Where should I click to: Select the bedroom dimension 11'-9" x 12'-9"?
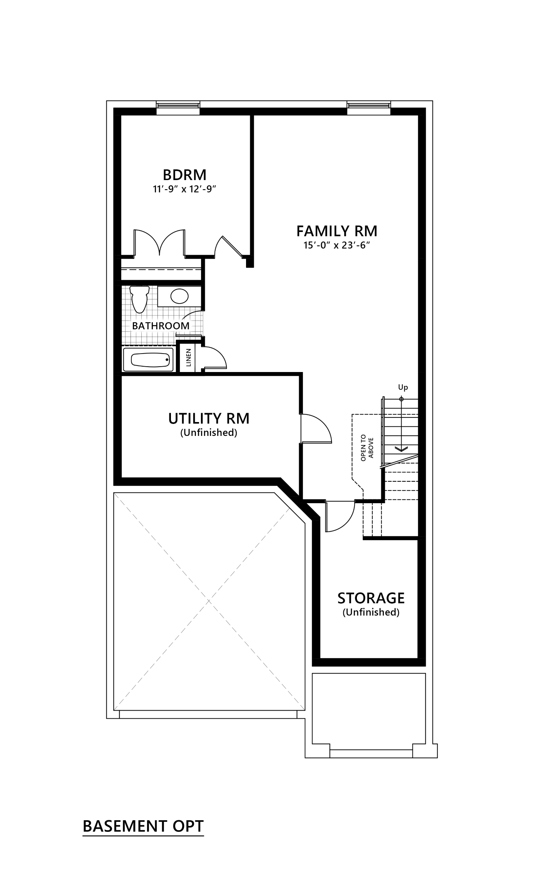pos(186,189)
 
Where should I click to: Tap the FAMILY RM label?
pos(336,231)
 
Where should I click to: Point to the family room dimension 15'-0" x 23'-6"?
pos(337,245)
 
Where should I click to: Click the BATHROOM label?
pos(161,326)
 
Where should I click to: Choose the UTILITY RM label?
pos(209,418)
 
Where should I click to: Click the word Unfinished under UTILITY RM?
pos(209,432)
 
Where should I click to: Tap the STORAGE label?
pos(371,598)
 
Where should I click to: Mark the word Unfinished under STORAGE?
pos(371,612)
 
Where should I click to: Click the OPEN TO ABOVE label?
pos(367,448)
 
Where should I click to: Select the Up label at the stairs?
pos(403,387)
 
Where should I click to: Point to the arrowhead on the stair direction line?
pos(402,448)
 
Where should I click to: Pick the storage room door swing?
pos(339,516)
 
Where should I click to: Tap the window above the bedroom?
pos(178,107)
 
